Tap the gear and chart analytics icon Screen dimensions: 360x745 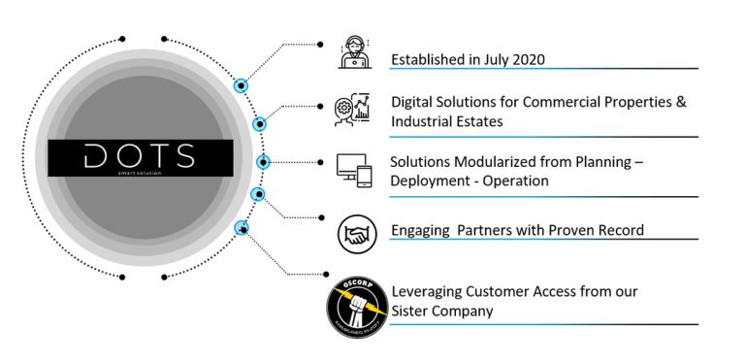click(x=352, y=109)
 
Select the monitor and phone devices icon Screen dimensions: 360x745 click(x=353, y=170)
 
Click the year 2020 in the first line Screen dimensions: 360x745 click(x=525, y=59)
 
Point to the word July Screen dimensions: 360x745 click(x=487, y=59)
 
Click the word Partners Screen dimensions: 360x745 click(x=487, y=231)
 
